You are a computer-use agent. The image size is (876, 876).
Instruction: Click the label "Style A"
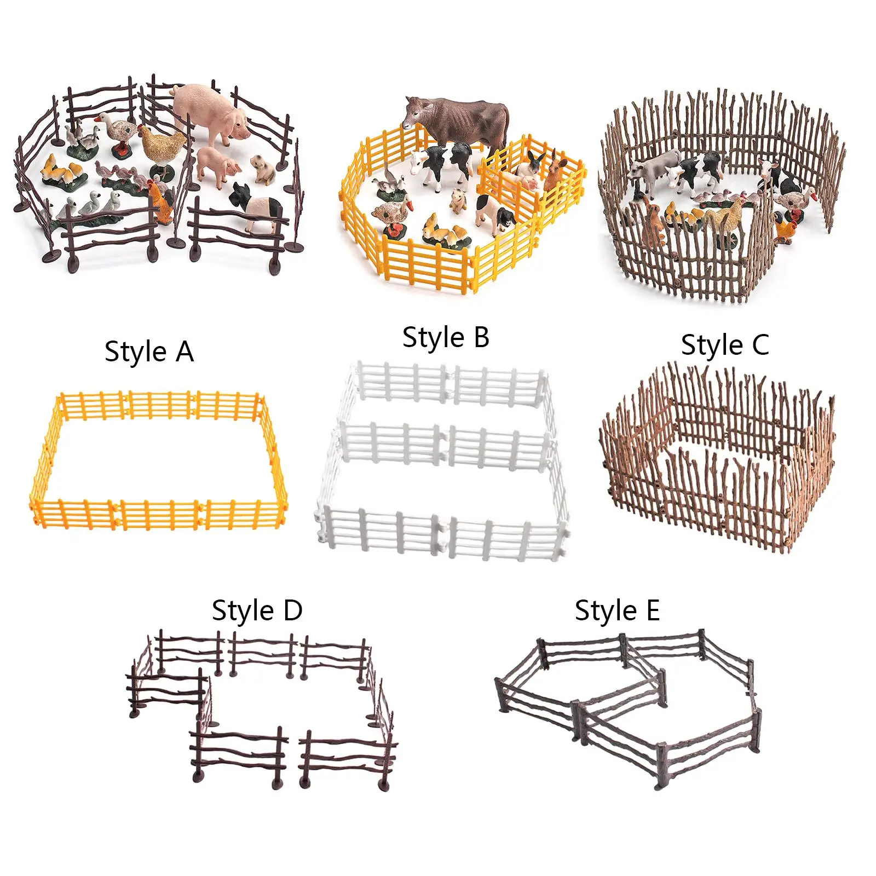click(x=149, y=351)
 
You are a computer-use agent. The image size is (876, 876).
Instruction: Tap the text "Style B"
click(x=446, y=337)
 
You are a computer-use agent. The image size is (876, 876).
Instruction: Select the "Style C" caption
click(x=725, y=345)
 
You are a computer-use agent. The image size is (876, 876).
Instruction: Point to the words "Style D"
click(x=257, y=610)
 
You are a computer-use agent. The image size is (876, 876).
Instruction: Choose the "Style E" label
click(x=617, y=610)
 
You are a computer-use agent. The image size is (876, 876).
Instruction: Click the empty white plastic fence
click(x=442, y=460)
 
